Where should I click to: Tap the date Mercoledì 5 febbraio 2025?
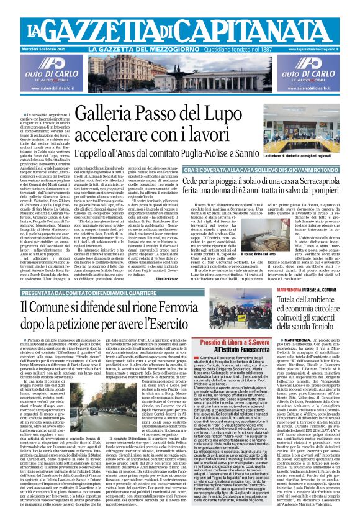click(47, 48)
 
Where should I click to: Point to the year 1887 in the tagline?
click(269, 48)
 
